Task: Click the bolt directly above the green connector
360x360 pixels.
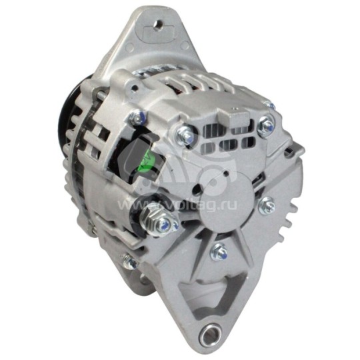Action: tap(140, 118)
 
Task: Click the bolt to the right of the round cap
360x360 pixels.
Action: tap(267, 206)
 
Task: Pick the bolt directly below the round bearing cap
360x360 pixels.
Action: tap(219, 251)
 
